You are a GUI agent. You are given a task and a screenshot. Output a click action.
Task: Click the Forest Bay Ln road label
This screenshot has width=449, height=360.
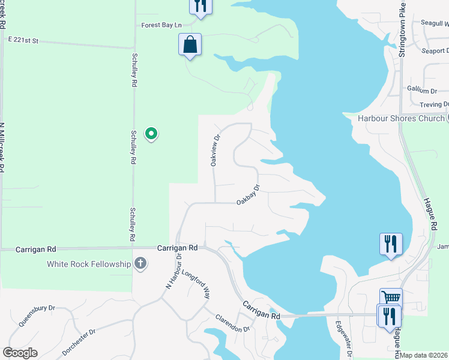[161, 25]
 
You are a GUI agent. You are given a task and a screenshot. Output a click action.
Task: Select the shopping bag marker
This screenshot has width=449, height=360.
[190, 45]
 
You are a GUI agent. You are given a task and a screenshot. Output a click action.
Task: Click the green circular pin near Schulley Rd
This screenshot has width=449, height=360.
[152, 133]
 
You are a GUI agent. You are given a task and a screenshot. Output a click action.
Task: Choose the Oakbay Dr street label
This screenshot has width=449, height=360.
[248, 194]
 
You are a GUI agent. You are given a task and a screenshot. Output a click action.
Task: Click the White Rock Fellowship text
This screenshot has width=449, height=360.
[89, 264]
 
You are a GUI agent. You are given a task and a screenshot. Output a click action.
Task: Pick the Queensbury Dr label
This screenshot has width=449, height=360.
[37, 315]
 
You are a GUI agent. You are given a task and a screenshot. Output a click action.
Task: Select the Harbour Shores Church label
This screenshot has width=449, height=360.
[400, 118]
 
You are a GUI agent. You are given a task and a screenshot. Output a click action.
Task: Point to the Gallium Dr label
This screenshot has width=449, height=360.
[422, 91]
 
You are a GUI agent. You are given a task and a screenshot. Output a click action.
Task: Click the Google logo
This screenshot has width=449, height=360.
[20, 353]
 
